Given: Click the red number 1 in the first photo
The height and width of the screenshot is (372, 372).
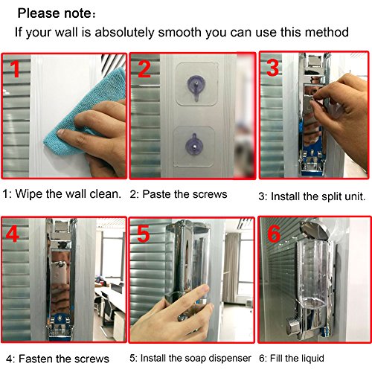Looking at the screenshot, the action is pos(16,68).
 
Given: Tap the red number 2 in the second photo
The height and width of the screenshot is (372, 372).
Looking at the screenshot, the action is pos(144,68).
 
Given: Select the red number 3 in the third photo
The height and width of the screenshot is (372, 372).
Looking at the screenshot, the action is pos(273,68).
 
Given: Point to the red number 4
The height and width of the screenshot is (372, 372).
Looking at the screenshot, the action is pos(12,234).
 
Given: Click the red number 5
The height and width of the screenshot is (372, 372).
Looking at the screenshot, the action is pos(144,234).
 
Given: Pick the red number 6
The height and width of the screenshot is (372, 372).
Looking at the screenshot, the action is pos(274,234).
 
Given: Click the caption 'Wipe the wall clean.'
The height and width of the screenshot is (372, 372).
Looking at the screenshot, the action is pos(68,193).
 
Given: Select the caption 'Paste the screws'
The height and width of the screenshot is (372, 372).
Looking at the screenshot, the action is pos(185,194).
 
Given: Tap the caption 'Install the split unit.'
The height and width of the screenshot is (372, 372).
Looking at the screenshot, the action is pos(318,196).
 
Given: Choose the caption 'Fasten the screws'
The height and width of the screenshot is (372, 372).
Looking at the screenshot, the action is pos(64,359).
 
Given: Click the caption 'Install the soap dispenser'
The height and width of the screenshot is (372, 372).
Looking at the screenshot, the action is pos(196,358).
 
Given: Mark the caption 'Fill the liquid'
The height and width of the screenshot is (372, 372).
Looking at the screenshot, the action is pos(297,358).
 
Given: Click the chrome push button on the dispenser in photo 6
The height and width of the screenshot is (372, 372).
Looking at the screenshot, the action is pos(293,325).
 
